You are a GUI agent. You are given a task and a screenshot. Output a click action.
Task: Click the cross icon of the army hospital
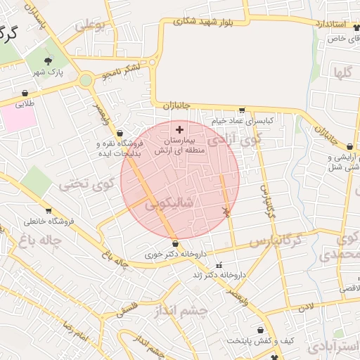[179, 129]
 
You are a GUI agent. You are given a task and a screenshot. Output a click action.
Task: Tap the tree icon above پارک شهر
[49, 61]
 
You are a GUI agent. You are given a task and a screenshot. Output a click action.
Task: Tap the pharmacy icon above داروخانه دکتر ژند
[220, 265]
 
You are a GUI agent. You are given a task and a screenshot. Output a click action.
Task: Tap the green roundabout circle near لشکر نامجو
[86, 80]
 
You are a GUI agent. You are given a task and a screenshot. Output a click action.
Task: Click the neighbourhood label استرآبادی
[339, 348]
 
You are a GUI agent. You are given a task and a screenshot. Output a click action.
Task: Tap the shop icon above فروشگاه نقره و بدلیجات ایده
[120, 133]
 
